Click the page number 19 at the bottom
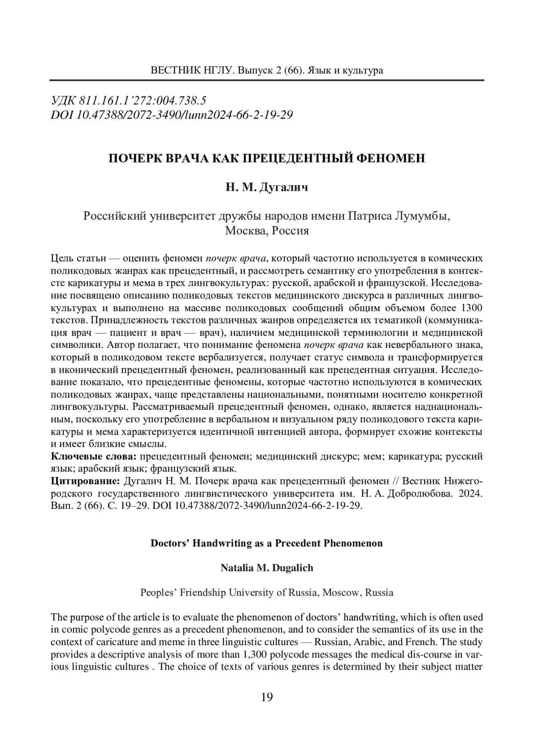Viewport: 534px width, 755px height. click(267, 697)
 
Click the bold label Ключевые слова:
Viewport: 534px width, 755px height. click(94, 456)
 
